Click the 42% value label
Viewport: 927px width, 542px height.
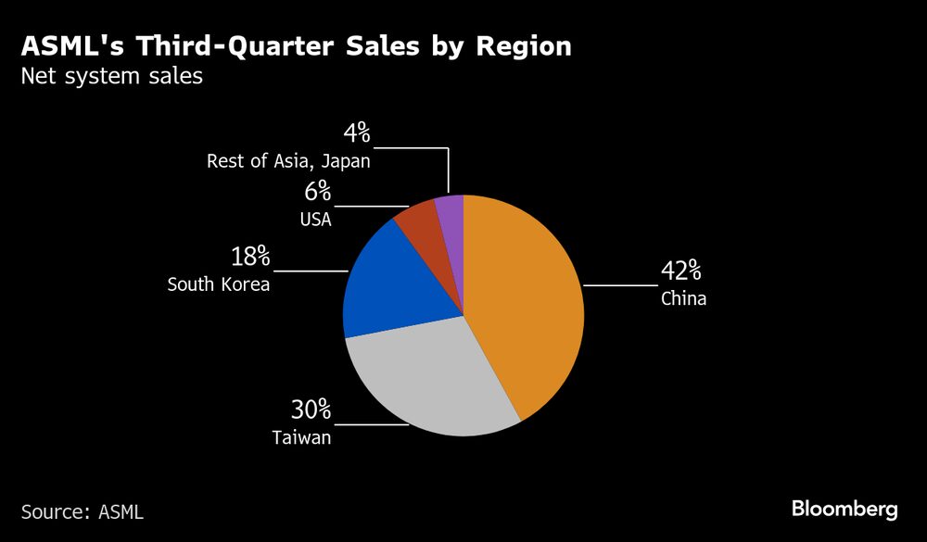[680, 271]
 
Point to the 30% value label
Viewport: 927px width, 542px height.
[311, 410]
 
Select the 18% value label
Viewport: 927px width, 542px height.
[249, 257]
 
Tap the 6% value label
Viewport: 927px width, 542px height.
[316, 191]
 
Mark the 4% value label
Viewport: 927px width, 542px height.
[356, 133]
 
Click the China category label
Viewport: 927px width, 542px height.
[683, 299]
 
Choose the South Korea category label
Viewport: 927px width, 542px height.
[219, 284]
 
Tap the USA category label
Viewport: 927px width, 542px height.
[316, 219]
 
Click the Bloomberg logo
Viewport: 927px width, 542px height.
[844, 509]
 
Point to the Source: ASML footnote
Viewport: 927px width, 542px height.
[83, 511]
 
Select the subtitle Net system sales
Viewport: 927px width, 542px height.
[111, 76]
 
